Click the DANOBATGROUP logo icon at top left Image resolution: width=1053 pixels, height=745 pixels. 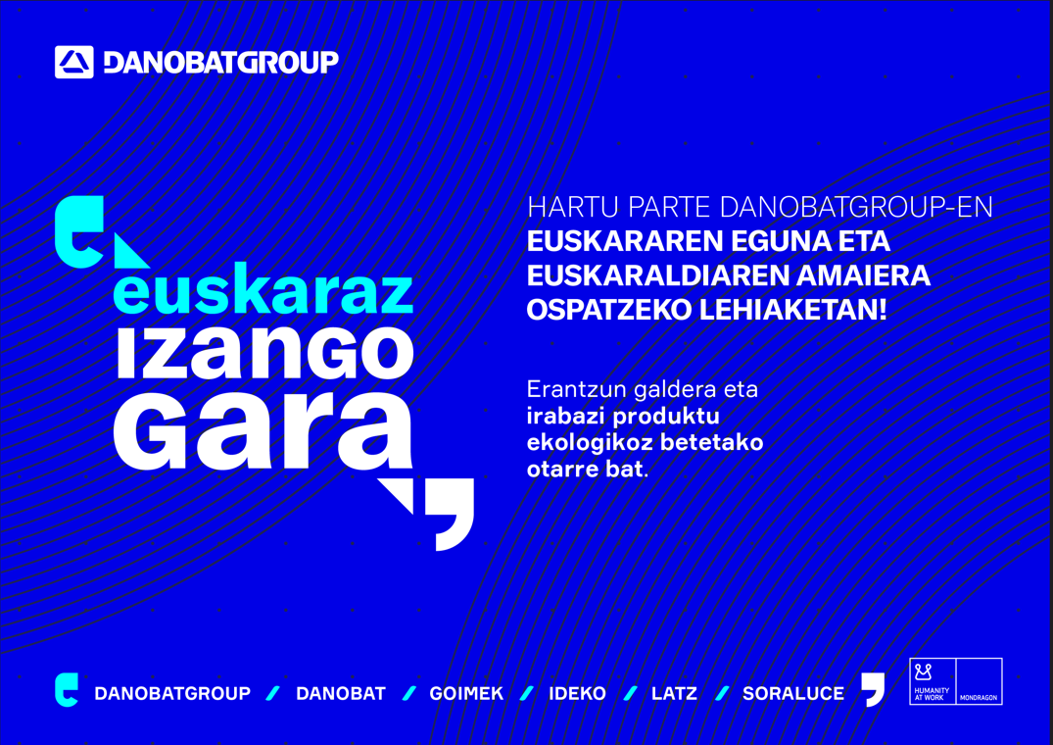pos(74,62)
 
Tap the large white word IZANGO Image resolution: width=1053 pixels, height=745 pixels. pos(264,355)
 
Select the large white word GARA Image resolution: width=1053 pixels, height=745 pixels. pos(263,432)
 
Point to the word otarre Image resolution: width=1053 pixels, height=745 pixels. pos(561,469)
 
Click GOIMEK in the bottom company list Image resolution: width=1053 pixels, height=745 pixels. pos(466,693)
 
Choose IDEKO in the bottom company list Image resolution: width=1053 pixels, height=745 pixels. pos(577,693)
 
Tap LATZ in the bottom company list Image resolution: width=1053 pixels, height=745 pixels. pos(674,693)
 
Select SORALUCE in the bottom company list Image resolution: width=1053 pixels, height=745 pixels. pos(792,693)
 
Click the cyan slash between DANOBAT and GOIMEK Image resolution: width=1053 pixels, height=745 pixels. pos(409,693)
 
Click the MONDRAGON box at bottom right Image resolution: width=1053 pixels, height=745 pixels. pos(979,681)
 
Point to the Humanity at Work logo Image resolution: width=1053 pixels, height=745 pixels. pos(932,681)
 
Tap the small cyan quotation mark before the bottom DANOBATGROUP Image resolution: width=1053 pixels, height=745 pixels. pos(66,689)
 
